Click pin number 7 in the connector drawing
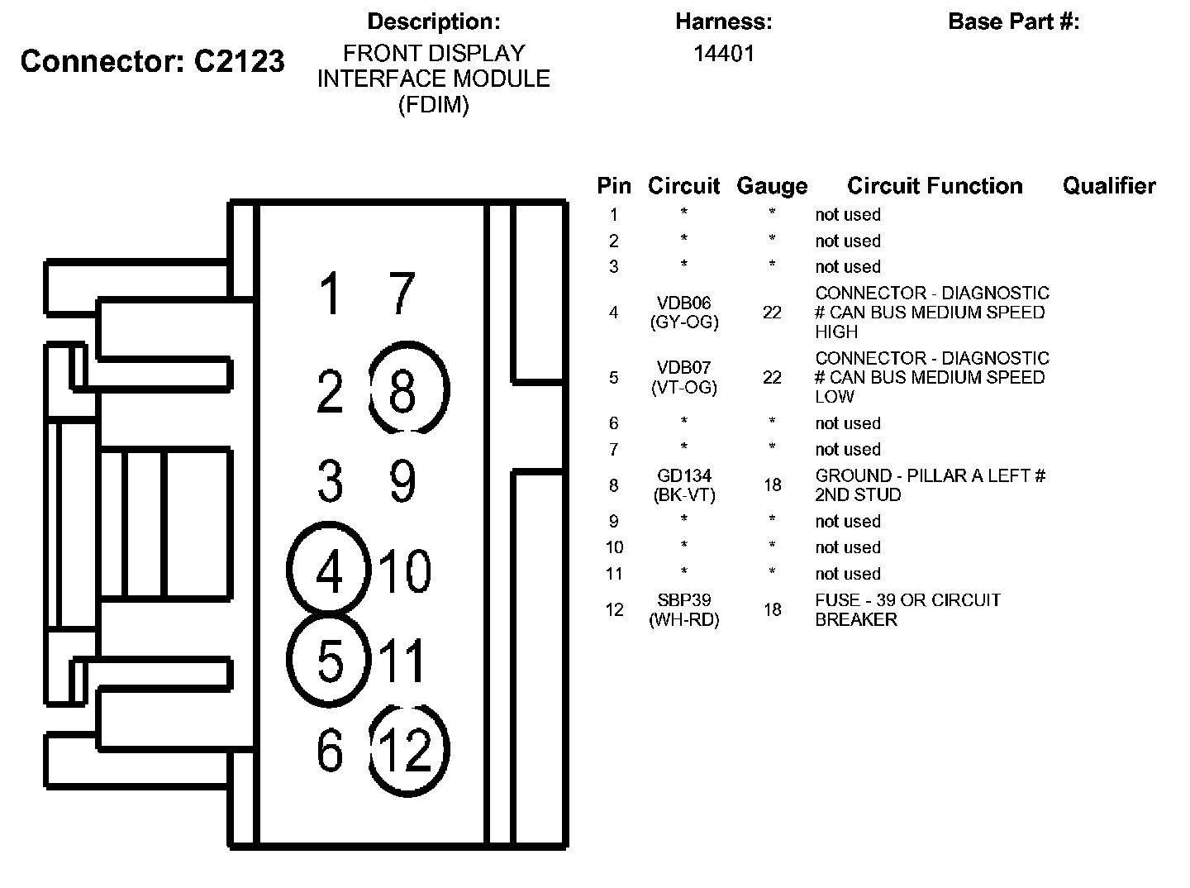point(402,293)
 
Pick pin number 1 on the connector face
point(331,293)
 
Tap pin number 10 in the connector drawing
point(405,571)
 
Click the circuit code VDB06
point(683,302)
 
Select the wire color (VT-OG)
point(683,387)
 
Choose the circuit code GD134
point(683,475)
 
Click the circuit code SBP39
point(683,599)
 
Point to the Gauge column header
point(772,186)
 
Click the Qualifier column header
point(1109,185)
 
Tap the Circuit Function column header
point(935,185)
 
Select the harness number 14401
point(724,54)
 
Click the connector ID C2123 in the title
point(239,60)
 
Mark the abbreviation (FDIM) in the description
point(434,105)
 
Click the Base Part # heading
point(1014,21)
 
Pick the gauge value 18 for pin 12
point(772,609)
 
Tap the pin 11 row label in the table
point(614,573)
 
